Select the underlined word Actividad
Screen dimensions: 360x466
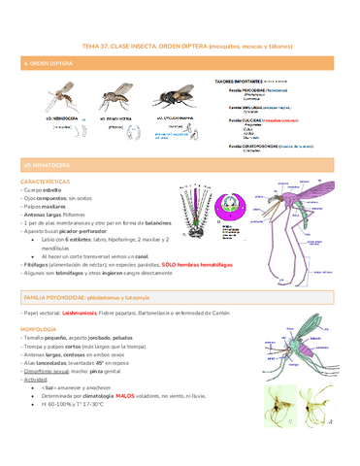(x=39, y=380)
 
